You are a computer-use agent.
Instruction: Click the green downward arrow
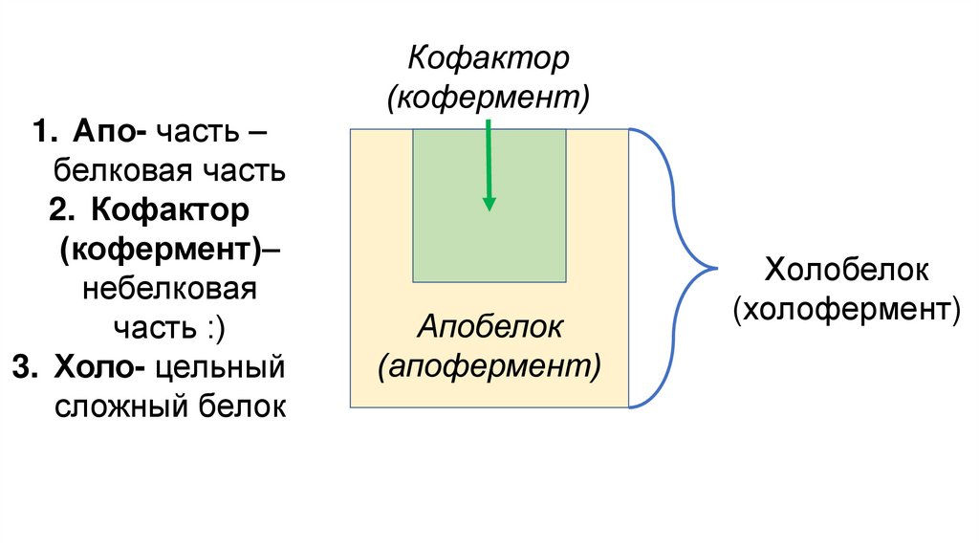coord(489,163)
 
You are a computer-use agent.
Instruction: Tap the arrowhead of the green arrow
coord(489,202)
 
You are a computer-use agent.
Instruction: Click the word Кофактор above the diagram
coord(489,58)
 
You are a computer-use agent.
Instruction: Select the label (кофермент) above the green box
coord(489,97)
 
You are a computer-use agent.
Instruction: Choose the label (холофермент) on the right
coord(846,309)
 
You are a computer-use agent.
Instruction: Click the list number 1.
coord(39,132)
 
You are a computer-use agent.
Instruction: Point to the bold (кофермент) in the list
coord(159,249)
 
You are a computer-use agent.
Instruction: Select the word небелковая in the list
coord(169,288)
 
